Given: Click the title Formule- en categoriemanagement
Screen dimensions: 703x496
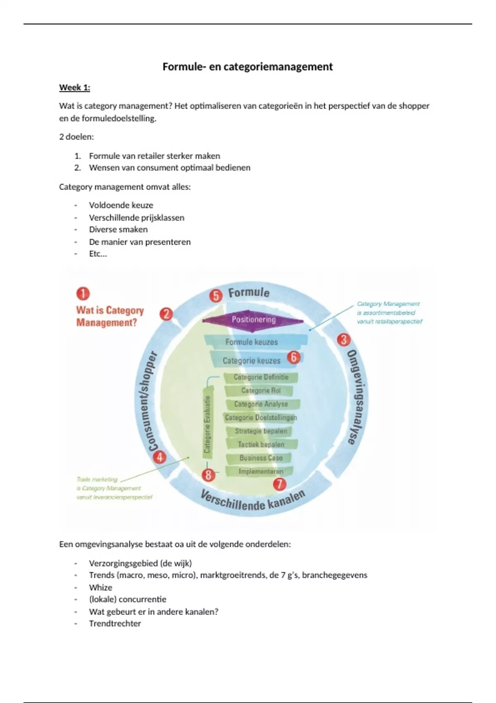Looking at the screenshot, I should click(x=247, y=67).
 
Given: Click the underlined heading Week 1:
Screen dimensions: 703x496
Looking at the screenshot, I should click(x=74, y=88).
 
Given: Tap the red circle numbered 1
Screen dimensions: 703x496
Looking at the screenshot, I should click(x=83, y=294).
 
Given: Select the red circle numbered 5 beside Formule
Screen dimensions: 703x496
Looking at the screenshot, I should click(x=216, y=296).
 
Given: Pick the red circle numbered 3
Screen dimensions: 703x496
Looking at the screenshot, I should click(x=343, y=340).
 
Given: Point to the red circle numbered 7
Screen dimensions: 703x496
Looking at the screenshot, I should click(x=280, y=484).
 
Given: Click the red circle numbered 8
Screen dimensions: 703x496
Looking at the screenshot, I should click(x=208, y=475).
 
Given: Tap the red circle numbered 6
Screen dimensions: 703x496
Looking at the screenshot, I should click(x=293, y=357).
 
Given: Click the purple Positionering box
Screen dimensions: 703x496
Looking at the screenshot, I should click(x=253, y=320).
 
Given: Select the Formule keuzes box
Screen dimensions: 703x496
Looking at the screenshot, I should click(x=252, y=342).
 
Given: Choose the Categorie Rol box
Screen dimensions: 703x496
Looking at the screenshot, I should click(x=261, y=390).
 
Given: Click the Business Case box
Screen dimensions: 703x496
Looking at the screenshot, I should click(x=261, y=458).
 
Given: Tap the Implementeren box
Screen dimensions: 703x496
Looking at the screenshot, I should click(x=261, y=471).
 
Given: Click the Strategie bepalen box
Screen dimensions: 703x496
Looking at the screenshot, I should click(x=261, y=431).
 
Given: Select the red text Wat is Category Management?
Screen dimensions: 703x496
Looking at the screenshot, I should click(x=110, y=316).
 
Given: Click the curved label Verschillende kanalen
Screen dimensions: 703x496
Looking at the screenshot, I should click(x=253, y=502).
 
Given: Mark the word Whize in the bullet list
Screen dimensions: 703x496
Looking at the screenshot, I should click(x=100, y=587).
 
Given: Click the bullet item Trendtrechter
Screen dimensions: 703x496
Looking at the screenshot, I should click(x=115, y=623).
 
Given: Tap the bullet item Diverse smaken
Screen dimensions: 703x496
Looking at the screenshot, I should click(x=118, y=230).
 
